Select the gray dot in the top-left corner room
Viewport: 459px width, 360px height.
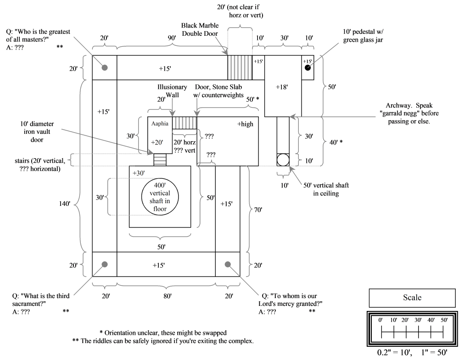point(105,67)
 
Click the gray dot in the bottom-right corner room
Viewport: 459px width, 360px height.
point(227,264)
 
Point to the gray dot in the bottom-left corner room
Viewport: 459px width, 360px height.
point(105,264)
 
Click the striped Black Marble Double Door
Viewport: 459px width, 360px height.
point(240,67)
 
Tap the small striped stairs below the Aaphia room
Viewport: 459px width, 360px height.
point(159,160)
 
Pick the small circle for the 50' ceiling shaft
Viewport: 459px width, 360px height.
point(283,160)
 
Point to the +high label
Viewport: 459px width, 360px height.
point(245,124)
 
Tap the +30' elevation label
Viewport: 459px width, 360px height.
point(138,172)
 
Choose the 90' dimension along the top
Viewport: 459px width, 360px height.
point(172,38)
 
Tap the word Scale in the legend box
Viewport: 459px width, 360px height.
point(412,297)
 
